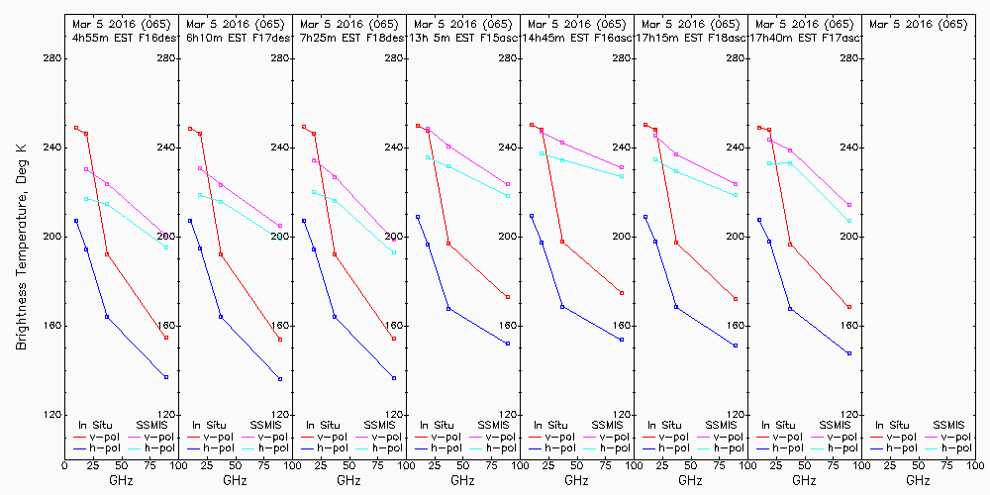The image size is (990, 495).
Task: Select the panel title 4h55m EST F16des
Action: click(x=123, y=38)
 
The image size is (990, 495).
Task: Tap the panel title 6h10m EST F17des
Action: click(x=237, y=38)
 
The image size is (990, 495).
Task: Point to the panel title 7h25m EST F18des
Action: click(x=351, y=38)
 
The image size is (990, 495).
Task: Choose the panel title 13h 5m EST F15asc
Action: click(x=464, y=38)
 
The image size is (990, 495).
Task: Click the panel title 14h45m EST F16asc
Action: click(x=578, y=38)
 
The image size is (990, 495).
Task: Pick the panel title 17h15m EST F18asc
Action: click(x=692, y=38)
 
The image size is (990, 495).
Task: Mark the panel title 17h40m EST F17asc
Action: click(x=806, y=38)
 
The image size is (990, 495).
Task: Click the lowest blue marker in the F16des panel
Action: click(x=166, y=377)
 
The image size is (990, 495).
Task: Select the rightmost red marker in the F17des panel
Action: click(x=280, y=340)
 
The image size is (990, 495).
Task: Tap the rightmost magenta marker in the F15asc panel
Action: click(x=508, y=184)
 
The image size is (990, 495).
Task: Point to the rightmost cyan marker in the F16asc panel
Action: click(x=622, y=175)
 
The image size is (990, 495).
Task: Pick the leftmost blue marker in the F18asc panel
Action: click(x=645, y=217)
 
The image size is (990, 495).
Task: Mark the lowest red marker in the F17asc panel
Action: click(x=849, y=307)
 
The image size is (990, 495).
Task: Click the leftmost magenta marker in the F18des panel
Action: click(x=314, y=160)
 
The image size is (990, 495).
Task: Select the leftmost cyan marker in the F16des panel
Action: click(x=86, y=199)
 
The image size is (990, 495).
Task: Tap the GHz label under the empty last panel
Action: click(x=919, y=480)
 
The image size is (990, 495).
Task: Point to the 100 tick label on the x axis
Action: click(x=976, y=463)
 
